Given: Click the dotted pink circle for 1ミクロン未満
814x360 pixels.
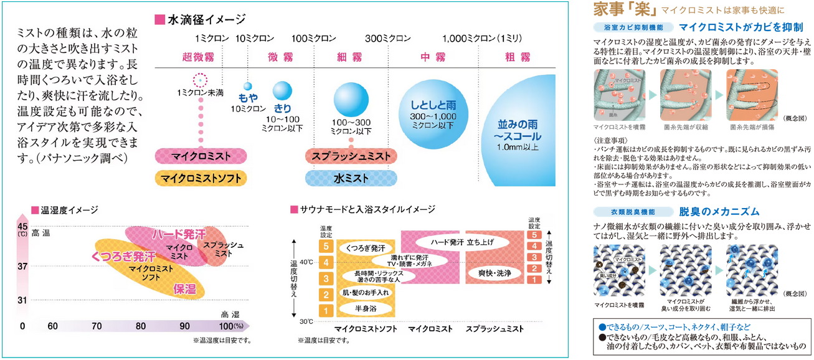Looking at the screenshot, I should pos(199,80).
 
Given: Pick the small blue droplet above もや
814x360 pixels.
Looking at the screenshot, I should pos(247,87).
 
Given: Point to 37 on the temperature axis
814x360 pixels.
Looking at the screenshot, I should pos(22,266).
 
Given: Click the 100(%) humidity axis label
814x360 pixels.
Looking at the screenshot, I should pos(231,326).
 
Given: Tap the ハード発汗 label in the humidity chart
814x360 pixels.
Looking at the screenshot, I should pos(179,235).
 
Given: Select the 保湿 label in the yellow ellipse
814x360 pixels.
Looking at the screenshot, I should pos(184,289).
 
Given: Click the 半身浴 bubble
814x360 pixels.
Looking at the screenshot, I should pos(366,308).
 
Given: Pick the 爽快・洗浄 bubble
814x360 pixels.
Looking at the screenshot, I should pos(496,272).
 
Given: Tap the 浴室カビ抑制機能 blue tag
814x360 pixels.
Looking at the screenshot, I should pos(633,27).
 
